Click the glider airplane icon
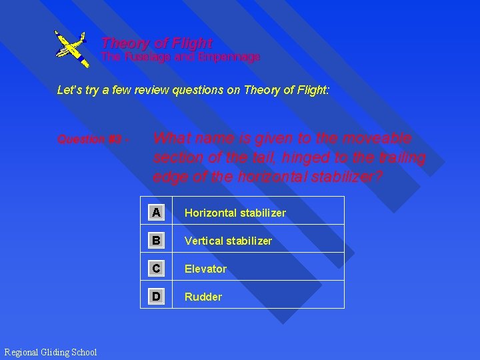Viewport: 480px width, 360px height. (x=71, y=47)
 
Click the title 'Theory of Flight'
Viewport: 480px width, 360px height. (x=157, y=43)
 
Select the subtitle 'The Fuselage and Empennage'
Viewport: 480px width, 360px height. (x=180, y=57)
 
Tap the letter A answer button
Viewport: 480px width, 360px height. (x=156, y=213)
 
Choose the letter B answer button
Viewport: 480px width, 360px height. (x=156, y=241)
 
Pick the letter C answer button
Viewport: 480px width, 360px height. (x=156, y=269)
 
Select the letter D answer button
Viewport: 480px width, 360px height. (x=156, y=297)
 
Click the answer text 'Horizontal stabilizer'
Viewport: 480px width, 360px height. (x=235, y=213)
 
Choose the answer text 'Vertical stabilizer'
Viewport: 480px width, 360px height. (x=228, y=241)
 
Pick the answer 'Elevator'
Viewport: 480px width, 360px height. (x=205, y=269)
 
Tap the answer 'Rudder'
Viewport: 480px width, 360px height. (x=203, y=297)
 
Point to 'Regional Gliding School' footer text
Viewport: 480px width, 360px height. (x=51, y=352)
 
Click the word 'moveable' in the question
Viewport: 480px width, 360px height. (x=377, y=139)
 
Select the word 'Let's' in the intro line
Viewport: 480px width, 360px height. (x=69, y=90)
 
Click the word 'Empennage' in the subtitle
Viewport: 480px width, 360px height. (x=232, y=57)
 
